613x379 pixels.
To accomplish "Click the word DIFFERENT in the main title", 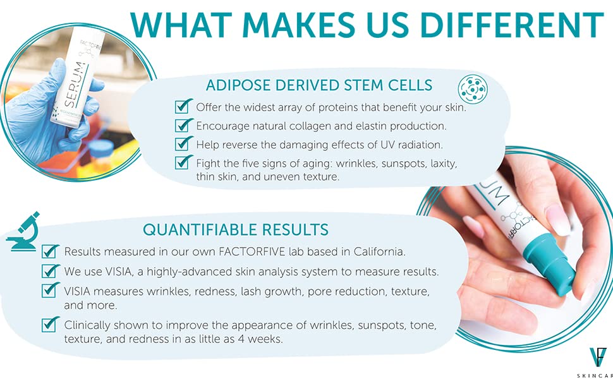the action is pyautogui.click(x=512, y=25).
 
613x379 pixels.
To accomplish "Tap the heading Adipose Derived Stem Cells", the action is pyautogui.click(x=319, y=85).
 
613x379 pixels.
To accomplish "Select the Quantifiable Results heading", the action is pyautogui.click(x=235, y=230).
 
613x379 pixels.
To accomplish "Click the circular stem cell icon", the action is pyautogui.click(x=473, y=89).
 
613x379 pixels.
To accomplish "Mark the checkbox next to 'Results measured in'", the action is pyautogui.click(x=50, y=251).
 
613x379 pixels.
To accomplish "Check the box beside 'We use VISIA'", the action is pyautogui.click(x=50, y=271).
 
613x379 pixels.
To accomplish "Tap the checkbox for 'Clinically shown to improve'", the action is pyautogui.click(x=50, y=324).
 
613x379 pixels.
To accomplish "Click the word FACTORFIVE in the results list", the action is pyautogui.click(x=252, y=251).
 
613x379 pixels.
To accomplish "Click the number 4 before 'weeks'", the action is pyautogui.click(x=241, y=339).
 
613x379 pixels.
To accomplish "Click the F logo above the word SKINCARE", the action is pyautogui.click(x=598, y=357).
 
